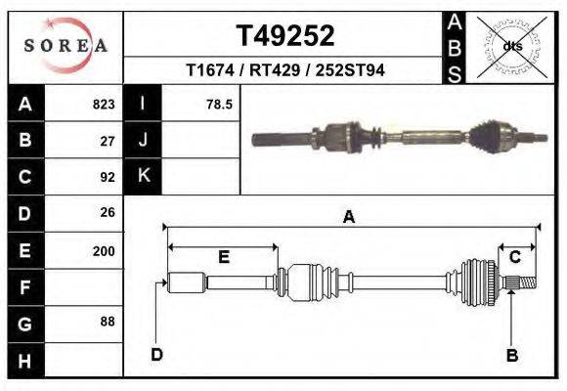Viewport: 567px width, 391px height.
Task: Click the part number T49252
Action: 285,36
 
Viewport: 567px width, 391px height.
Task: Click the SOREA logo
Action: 65,46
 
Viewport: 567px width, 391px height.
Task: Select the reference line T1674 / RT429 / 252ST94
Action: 285,71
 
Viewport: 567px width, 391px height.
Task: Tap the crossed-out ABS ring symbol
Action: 511,46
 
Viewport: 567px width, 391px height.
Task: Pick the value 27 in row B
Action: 108,141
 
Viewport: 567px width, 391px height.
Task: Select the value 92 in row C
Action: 108,177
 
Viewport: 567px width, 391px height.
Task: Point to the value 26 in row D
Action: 108,212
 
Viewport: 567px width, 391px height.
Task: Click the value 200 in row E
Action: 104,250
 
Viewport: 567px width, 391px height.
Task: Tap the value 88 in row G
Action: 108,322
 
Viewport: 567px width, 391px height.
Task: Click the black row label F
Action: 24,286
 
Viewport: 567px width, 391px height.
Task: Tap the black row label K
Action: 143,176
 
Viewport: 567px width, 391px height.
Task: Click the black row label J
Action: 143,141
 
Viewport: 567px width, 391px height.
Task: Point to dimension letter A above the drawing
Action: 348,218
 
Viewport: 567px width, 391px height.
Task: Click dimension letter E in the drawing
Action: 223,257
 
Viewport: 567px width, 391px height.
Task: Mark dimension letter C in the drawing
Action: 514,257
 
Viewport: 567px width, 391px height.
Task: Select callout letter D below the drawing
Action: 156,354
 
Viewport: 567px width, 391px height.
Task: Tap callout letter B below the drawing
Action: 511,355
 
